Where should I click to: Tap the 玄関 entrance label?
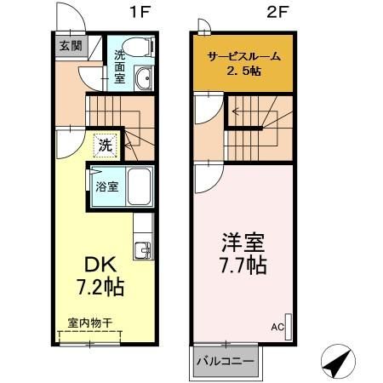click(70, 46)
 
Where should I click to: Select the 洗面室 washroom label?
click(122, 69)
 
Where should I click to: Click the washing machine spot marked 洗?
click(105, 146)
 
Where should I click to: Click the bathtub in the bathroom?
click(137, 186)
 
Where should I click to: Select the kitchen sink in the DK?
click(142, 249)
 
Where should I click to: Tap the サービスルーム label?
click(245, 56)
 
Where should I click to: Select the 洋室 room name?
click(240, 241)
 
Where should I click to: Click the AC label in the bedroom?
click(277, 325)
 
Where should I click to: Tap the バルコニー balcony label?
click(225, 362)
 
